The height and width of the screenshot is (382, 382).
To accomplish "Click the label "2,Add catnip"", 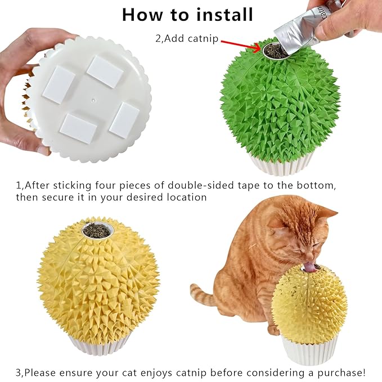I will (186, 39).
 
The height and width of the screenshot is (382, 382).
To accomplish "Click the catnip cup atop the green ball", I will (276, 51).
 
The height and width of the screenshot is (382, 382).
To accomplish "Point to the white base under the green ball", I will (281, 164).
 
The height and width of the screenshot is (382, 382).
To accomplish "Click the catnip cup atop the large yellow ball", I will (97, 230).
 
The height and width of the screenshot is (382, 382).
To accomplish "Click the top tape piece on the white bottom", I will (103, 71).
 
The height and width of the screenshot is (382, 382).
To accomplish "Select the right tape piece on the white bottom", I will (124, 119).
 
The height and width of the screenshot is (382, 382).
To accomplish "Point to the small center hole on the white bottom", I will (91, 100).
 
